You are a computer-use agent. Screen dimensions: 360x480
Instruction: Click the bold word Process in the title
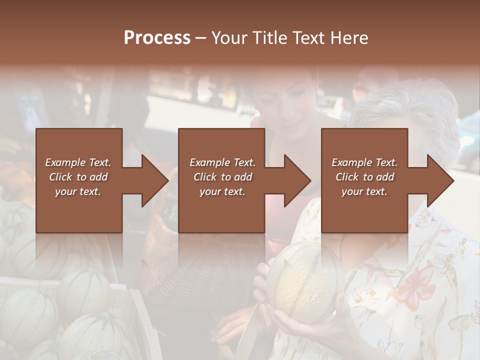157,38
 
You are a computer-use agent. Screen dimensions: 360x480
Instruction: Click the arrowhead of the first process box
155,180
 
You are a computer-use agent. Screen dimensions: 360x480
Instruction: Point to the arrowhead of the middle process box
297,180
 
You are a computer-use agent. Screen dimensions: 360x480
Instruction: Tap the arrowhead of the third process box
440,180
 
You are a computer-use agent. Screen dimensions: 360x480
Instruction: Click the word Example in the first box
65,162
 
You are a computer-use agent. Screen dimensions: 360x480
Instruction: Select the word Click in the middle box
204,177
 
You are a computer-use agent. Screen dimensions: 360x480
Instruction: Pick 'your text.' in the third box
364,191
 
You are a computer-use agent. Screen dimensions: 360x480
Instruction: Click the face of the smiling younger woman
295,107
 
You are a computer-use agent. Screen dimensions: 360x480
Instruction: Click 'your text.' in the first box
78,191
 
